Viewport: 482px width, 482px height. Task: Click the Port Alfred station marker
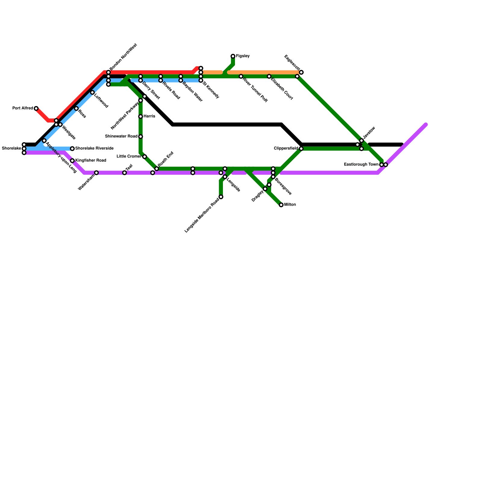[x=36, y=108]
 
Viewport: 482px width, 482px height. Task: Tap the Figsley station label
[x=243, y=56]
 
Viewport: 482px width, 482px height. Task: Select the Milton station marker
[x=281, y=205]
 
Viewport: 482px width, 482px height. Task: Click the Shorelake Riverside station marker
[x=72, y=149]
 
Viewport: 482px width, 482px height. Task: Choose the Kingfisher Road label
[x=90, y=161]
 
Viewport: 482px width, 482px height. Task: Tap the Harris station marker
[x=140, y=117]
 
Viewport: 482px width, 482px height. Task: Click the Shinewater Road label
[x=121, y=136]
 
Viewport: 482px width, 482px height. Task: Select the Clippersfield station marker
[x=301, y=149]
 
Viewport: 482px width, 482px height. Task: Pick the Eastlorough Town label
[x=361, y=164]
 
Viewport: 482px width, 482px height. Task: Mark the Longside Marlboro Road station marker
[x=221, y=197]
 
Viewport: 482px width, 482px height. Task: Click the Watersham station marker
[x=96, y=173]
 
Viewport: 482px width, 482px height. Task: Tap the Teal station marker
[x=124, y=173]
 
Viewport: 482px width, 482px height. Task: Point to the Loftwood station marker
[x=92, y=92]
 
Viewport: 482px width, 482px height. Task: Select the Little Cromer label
[x=129, y=156]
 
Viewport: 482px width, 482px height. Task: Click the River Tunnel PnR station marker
[x=241, y=77]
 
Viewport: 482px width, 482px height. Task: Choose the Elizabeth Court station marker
[x=269, y=77]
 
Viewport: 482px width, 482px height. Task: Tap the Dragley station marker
[x=265, y=189]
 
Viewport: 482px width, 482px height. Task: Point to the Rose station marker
[x=77, y=108]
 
